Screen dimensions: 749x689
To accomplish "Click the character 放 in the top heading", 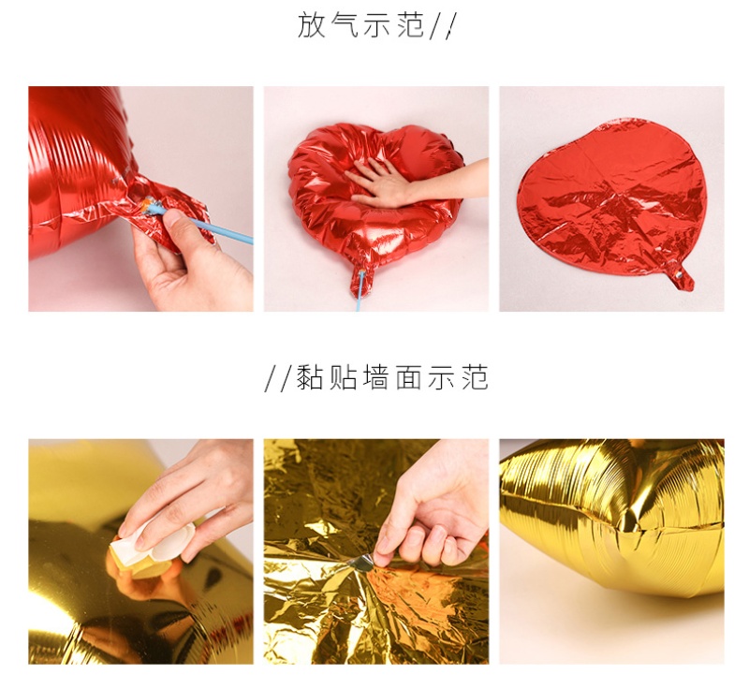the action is tap(312, 25).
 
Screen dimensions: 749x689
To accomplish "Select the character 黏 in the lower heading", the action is tap(310, 377).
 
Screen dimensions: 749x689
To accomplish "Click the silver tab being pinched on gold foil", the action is tap(360, 564).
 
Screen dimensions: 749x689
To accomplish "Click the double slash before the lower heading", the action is tap(277, 378).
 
